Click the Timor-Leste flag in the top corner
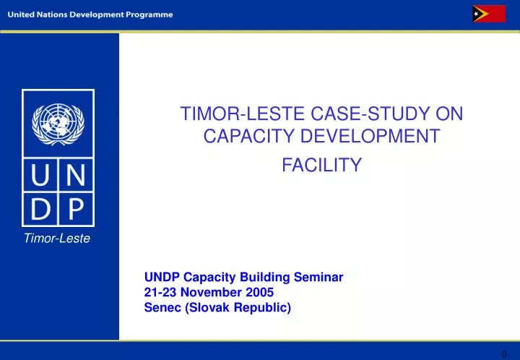(x=488, y=14)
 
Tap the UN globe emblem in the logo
(x=58, y=123)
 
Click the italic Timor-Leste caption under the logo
(x=58, y=239)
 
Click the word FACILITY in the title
(x=321, y=166)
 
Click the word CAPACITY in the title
(x=240, y=136)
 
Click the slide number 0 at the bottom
(x=504, y=353)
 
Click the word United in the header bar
(x=23, y=15)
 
